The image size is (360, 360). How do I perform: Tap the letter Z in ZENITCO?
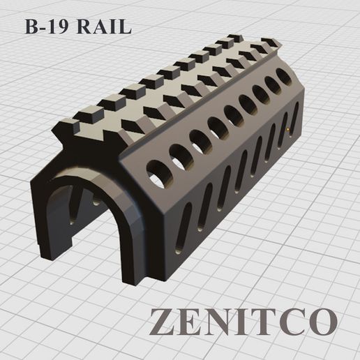165,320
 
